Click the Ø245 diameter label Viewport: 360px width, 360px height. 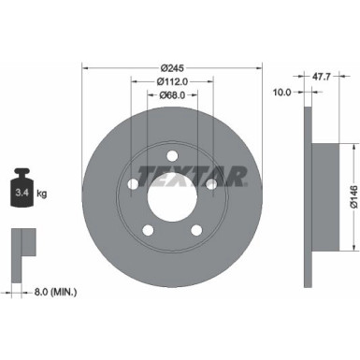pos(172,68)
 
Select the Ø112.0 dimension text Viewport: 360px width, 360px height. pos(172,81)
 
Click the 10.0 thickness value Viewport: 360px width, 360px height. pos(281,92)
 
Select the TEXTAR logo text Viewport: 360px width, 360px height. pos(192,174)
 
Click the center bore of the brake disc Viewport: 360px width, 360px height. pos(172,194)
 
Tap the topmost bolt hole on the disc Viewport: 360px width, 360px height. pos(172,155)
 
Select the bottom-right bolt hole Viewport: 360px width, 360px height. pos(196,229)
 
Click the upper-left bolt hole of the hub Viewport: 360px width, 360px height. pos(134,184)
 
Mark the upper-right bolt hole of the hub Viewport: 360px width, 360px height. pos(211,184)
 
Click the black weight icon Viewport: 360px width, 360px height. pos(22,193)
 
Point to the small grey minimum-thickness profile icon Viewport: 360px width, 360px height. pos(21,246)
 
